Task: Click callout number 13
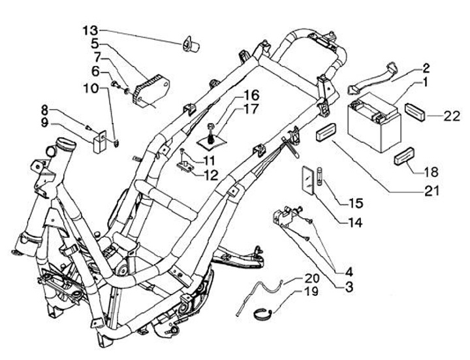[x=90, y=30]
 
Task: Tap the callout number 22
[x=452, y=116]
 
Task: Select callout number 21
[x=431, y=191]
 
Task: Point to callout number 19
[x=311, y=291]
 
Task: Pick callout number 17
[x=251, y=109]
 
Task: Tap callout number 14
[x=355, y=222]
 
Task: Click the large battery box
[x=375, y=122]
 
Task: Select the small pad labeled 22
[x=415, y=112]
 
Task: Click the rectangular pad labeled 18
[x=405, y=156]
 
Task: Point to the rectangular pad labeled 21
[x=326, y=131]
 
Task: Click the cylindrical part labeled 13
[x=191, y=44]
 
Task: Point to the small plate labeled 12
[x=185, y=166]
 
